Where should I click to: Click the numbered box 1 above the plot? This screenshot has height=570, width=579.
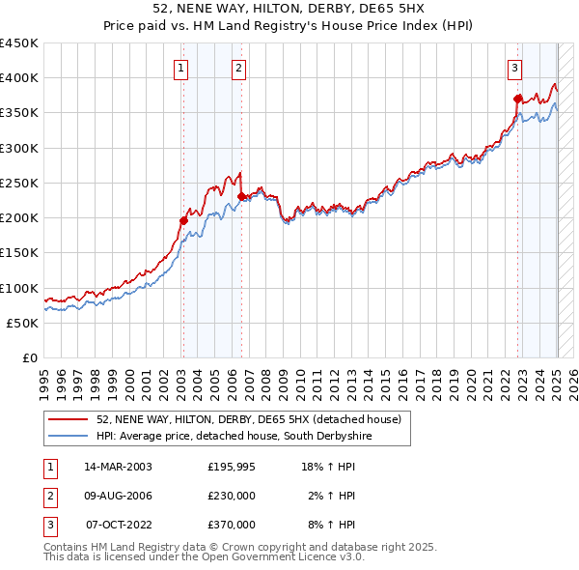pyautogui.click(x=182, y=68)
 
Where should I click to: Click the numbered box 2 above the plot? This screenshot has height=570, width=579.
pyautogui.click(x=238, y=68)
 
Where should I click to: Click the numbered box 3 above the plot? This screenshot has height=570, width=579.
pyautogui.click(x=515, y=68)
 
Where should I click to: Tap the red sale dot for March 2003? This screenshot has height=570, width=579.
pyautogui.click(x=183, y=220)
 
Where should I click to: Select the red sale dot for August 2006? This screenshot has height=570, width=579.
pyautogui.click(x=241, y=196)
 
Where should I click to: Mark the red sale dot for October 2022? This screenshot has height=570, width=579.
pyautogui.click(x=518, y=98)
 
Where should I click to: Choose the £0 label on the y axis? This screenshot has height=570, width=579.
pyautogui.click(x=31, y=357)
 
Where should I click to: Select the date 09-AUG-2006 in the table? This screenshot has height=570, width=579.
pyautogui.click(x=118, y=496)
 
